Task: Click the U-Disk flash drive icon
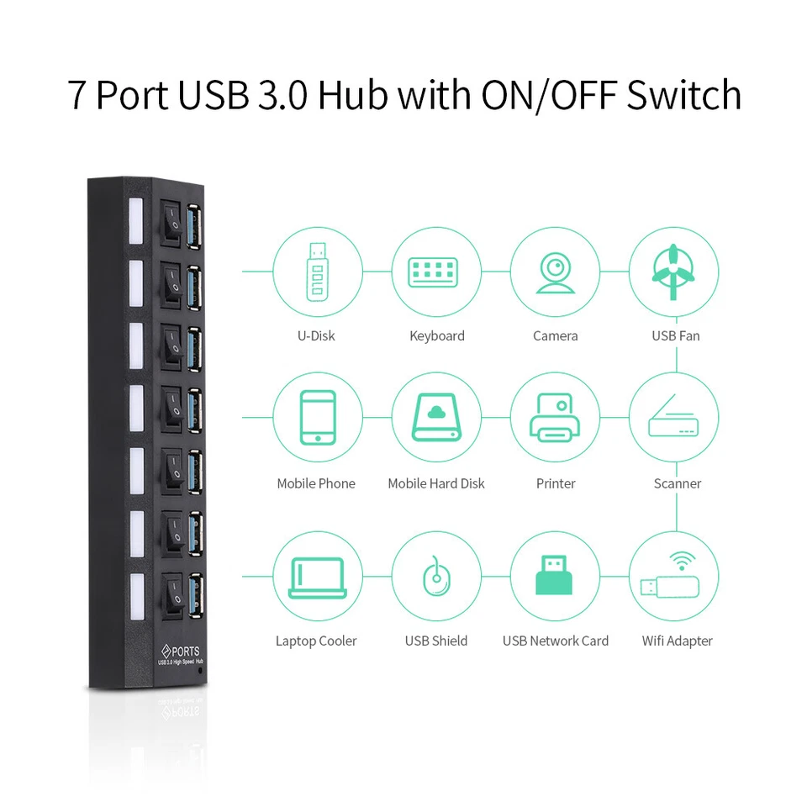pos(317,272)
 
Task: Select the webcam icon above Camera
pos(555,272)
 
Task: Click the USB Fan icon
pos(674,272)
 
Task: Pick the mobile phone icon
pos(317,417)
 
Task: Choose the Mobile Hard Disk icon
pos(436,417)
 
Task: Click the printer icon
pos(555,417)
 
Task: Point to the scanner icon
pos(674,417)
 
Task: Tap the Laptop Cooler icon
pos(317,577)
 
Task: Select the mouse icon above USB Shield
pos(436,577)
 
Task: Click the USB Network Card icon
pos(555,577)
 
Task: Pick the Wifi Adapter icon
pos(674,577)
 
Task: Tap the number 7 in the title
pos(77,96)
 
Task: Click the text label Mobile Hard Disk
pos(436,483)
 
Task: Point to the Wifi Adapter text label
pos(677,641)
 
